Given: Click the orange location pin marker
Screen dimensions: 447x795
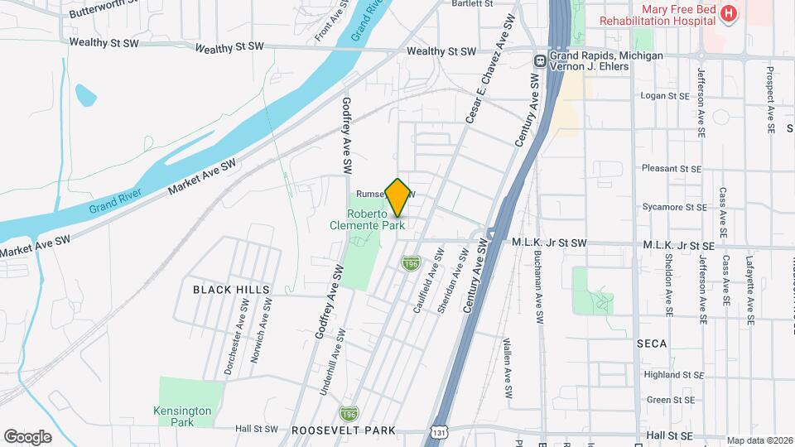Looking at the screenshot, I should [x=398, y=197].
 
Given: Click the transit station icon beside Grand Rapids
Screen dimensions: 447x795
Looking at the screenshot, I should [x=539, y=60].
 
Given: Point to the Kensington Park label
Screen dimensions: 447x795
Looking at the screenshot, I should [x=183, y=416].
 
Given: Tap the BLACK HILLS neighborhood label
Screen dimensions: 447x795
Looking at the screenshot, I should [x=231, y=289].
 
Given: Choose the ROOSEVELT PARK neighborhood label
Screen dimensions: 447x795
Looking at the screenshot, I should [x=343, y=430].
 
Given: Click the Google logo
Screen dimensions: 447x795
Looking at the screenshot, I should [x=27, y=436].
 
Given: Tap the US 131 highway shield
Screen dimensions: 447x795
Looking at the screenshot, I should [x=436, y=433].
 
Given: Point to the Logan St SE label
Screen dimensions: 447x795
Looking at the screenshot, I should [x=666, y=97].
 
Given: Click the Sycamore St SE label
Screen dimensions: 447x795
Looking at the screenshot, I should [x=674, y=207].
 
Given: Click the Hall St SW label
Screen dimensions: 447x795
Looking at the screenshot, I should [x=257, y=429].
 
